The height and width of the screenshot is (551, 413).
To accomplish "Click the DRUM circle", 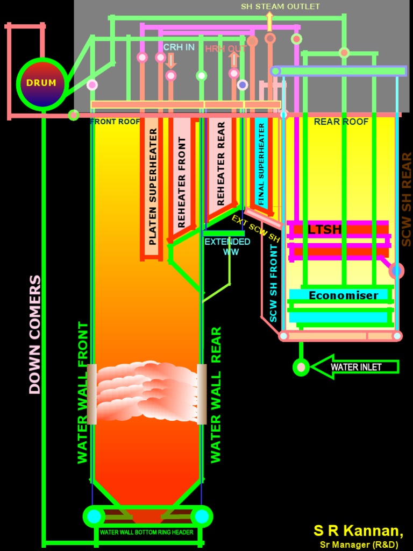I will [41, 83].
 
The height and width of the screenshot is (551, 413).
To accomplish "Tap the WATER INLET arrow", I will [355, 367].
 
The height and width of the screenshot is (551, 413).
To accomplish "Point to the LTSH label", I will [325, 230].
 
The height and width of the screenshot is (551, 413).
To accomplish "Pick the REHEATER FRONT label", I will [182, 182].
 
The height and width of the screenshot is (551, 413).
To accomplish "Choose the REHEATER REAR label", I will [220, 164].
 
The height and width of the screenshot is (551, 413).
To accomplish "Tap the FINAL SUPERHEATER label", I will [261, 164].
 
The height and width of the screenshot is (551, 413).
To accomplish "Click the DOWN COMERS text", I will [35, 335].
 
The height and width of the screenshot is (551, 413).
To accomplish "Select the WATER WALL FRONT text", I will [82, 392].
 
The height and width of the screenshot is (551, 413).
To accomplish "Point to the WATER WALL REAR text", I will [216, 394].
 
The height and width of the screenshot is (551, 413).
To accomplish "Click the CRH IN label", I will [179, 47].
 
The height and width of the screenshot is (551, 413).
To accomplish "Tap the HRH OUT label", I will [226, 48].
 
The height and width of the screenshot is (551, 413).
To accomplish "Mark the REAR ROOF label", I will [341, 122].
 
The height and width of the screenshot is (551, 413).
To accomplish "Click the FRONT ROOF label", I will [115, 122].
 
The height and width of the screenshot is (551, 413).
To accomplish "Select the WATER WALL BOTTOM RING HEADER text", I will [146, 532].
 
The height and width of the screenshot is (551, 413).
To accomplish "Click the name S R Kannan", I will [358, 531].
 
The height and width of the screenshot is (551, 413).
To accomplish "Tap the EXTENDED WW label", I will [227, 246].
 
